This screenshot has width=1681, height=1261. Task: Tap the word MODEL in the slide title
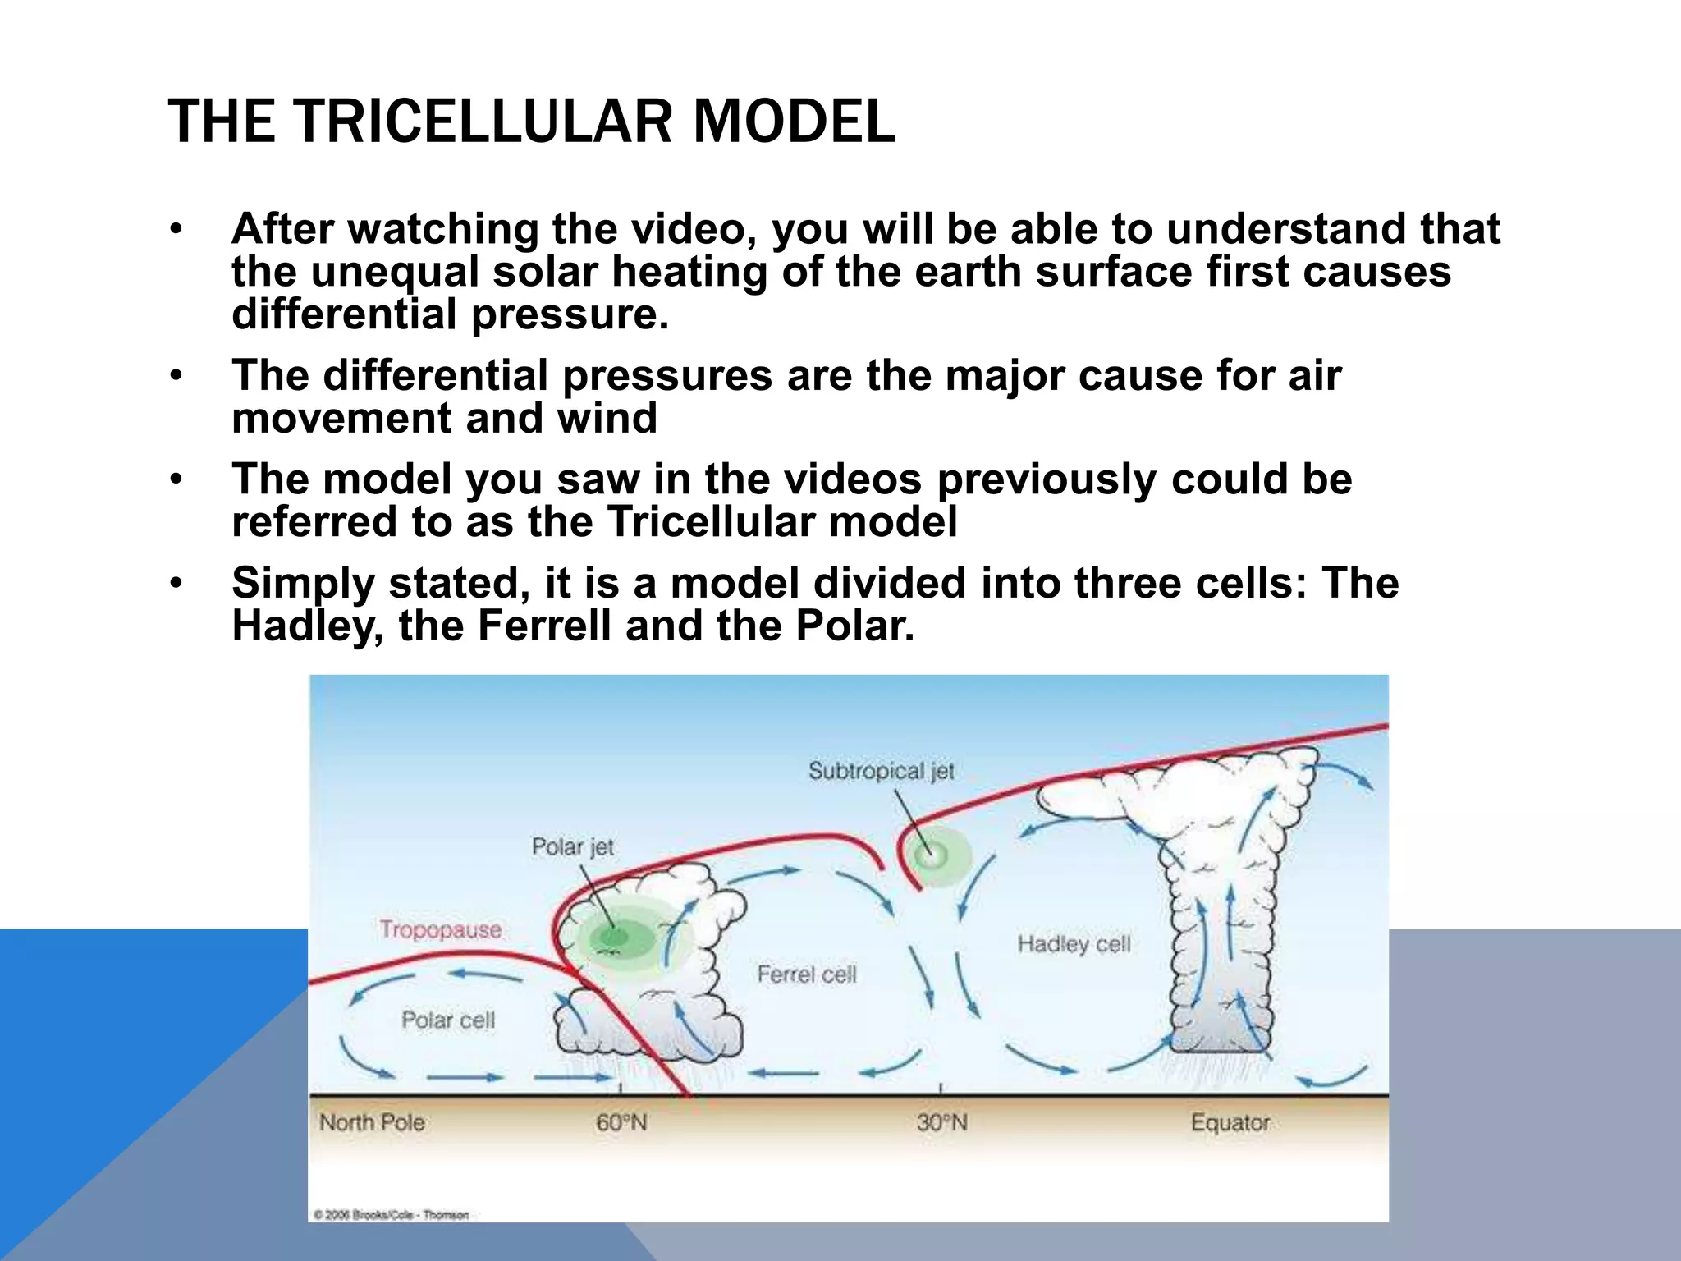794,122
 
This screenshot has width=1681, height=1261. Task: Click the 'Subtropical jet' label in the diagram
881,771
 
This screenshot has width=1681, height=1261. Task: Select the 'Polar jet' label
572,846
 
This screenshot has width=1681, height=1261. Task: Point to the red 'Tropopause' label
441,929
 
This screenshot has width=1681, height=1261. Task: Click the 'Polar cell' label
448,1020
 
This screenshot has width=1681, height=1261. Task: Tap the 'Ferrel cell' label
806,974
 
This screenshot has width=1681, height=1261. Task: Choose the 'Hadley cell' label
1074,944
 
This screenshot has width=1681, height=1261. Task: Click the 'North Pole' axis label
372,1122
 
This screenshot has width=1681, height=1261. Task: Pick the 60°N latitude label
621,1122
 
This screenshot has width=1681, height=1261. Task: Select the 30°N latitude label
941,1122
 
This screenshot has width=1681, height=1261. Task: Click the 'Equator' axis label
1230,1122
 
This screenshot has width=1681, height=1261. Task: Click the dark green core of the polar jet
611,936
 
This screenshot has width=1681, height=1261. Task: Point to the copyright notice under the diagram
391,1215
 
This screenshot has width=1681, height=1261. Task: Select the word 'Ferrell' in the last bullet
544,626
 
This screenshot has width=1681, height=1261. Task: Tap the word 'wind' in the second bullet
607,419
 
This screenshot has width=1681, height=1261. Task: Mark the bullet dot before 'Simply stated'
175,583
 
